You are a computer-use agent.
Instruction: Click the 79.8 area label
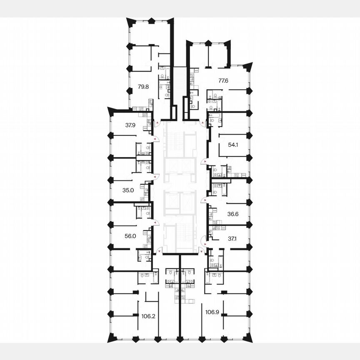coord(143,87)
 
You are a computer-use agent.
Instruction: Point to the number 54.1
coord(233,145)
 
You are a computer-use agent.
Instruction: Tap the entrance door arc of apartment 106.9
coord(202,251)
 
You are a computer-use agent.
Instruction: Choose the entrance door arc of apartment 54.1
coord(203,162)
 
